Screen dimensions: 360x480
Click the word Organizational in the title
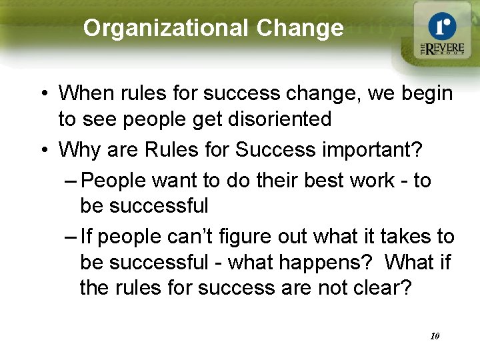165,28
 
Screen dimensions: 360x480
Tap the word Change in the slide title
299,28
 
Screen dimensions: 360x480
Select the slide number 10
435,336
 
